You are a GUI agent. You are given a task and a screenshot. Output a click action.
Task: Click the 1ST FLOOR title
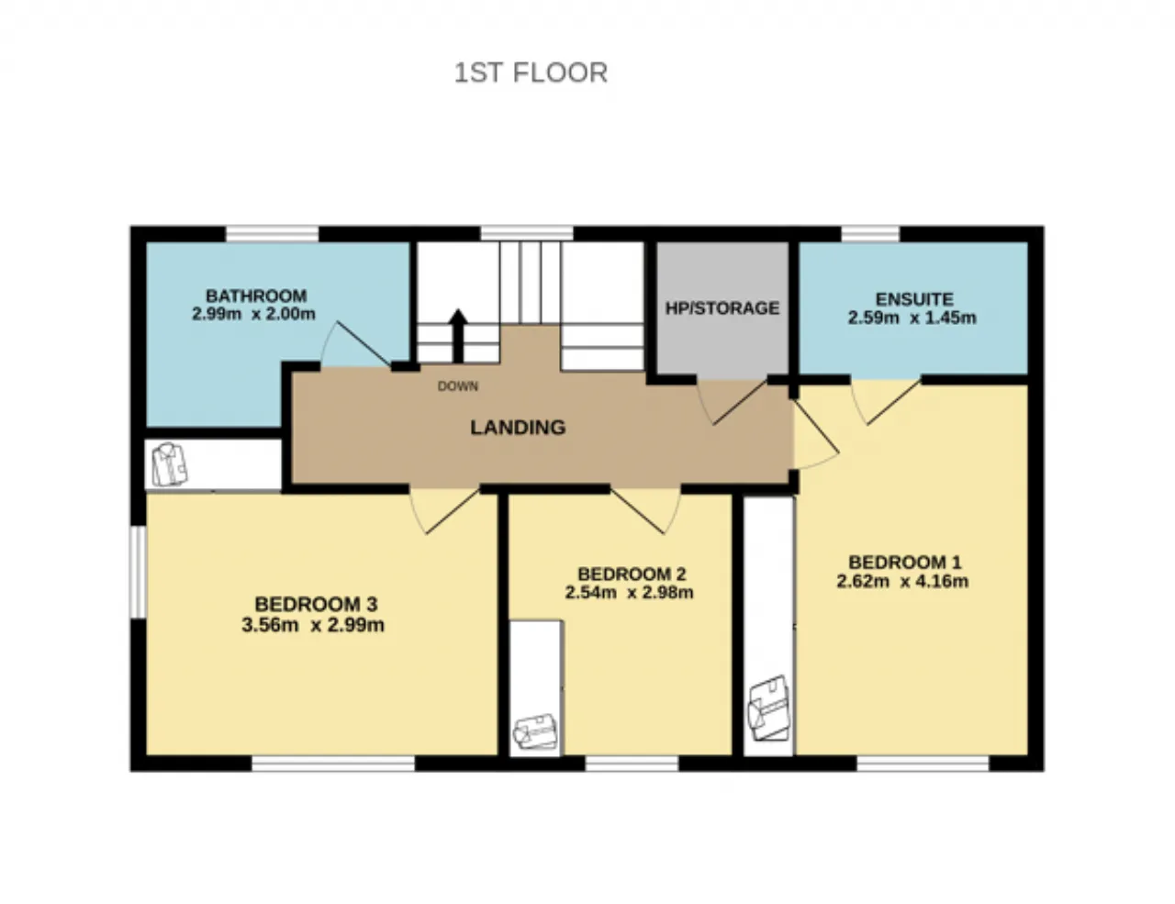click(x=531, y=73)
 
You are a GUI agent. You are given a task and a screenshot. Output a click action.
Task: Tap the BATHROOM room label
click(x=256, y=296)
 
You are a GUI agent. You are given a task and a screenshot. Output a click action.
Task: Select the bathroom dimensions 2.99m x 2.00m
click(x=253, y=314)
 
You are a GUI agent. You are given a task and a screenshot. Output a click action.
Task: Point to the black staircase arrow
click(x=458, y=335)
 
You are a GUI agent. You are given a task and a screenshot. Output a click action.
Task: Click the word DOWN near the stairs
click(x=458, y=385)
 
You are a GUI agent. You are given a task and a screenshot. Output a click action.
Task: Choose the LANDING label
click(x=518, y=428)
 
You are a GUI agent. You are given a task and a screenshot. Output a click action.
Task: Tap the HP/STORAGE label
click(x=722, y=308)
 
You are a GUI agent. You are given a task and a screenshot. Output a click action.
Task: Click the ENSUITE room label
click(x=914, y=299)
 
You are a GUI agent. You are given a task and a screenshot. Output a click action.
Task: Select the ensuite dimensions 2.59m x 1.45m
click(x=912, y=318)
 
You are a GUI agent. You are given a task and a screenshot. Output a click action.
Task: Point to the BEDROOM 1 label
click(x=904, y=563)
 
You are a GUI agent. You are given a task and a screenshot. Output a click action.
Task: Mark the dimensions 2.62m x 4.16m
click(x=902, y=582)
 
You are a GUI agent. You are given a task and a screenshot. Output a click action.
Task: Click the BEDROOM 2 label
click(x=632, y=574)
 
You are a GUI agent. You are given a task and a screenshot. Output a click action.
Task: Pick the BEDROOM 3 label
click(x=316, y=604)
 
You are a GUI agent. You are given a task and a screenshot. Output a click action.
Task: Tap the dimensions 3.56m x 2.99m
click(x=312, y=625)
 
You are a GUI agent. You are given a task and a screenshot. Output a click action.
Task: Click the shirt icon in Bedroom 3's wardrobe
click(x=169, y=464)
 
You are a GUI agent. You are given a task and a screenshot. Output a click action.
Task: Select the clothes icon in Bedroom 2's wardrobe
click(x=535, y=731)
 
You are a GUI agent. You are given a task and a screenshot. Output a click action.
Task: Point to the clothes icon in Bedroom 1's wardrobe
click(x=768, y=708)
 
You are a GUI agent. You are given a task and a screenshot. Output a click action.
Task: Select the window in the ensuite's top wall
click(x=870, y=234)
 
